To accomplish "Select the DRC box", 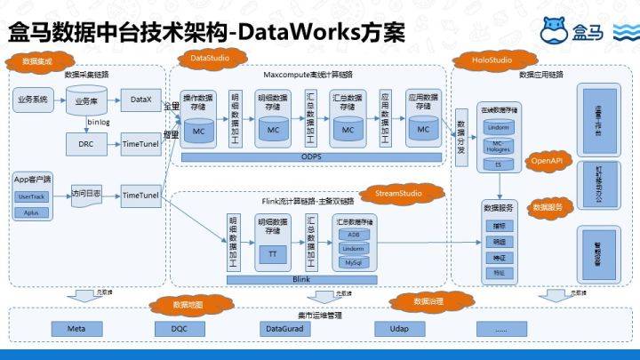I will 86,144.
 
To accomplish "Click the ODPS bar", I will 310,157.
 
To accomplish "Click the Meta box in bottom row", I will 76,328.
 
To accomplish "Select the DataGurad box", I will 286,328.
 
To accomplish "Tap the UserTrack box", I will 32,196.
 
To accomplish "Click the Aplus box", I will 32,213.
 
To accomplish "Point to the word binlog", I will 99,124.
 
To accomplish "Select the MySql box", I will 354,263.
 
